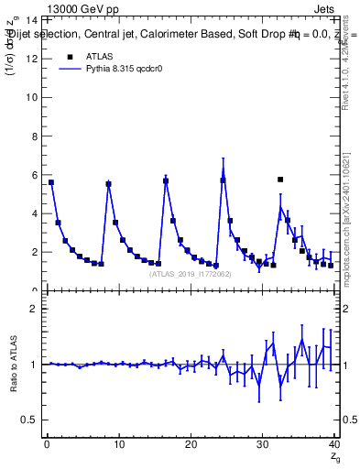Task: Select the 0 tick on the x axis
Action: click(x=46, y=445)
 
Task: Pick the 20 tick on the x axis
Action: click(x=191, y=445)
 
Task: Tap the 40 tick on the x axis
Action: click(x=334, y=445)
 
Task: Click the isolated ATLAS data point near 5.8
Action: click(x=280, y=180)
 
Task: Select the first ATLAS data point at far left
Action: click(x=51, y=182)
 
